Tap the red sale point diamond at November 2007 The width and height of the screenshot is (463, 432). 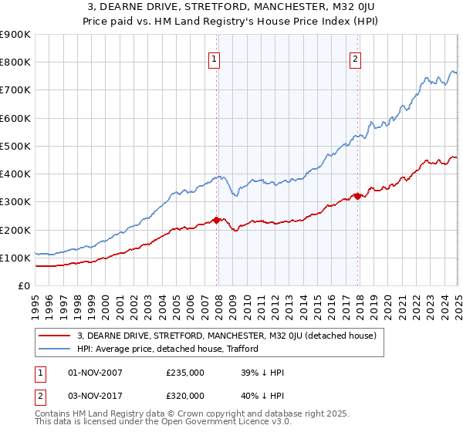point(216,220)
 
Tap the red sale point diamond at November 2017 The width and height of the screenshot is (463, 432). point(358,196)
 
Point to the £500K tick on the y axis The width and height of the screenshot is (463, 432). point(15,146)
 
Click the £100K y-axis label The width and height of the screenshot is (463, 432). point(15,258)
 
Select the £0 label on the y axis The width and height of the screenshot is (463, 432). point(23,286)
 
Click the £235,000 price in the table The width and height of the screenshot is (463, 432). point(184,373)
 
